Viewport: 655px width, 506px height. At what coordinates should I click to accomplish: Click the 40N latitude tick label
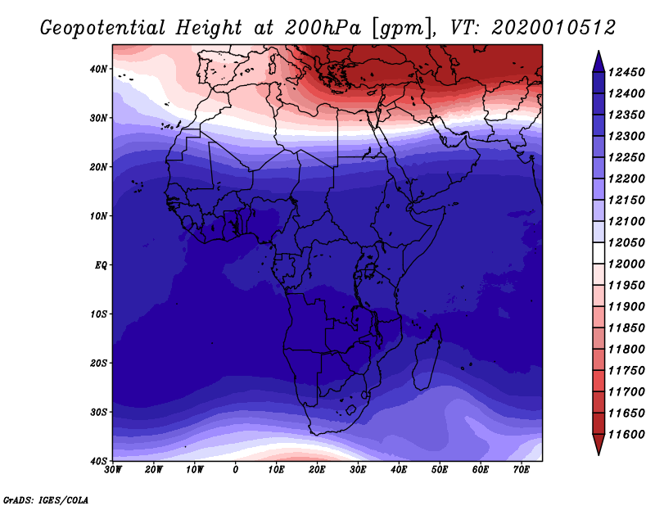(98, 69)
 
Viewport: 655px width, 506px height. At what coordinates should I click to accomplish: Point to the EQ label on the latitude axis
(101, 265)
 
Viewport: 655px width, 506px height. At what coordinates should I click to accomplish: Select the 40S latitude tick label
(98, 461)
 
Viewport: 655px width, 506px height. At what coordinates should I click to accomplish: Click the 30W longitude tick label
(113, 470)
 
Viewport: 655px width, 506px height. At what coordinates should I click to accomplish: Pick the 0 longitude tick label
(236, 470)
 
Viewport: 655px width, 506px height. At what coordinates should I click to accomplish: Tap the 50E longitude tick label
(440, 470)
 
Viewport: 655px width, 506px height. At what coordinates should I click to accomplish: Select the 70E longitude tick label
(521, 470)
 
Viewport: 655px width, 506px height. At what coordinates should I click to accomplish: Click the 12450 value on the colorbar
(626, 72)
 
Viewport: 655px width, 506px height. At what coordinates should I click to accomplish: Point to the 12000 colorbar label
(626, 264)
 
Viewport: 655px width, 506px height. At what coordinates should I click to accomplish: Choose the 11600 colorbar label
(626, 435)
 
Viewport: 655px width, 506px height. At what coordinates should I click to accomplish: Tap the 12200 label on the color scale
(626, 178)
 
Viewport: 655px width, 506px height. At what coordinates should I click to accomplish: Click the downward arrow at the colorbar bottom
(599, 443)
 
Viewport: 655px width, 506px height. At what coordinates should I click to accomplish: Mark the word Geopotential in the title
(102, 28)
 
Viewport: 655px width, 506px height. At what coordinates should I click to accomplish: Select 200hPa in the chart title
(323, 28)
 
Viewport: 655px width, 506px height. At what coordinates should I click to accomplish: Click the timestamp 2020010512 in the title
(553, 28)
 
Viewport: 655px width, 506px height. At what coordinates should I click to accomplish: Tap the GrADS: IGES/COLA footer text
(46, 499)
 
